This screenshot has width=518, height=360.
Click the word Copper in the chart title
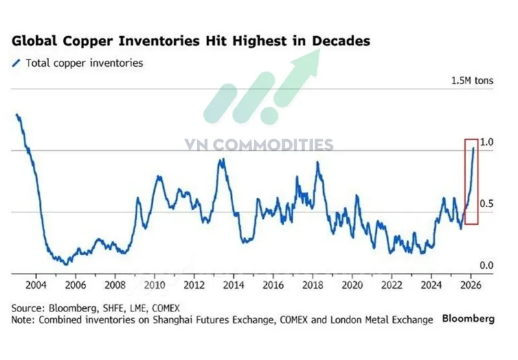[x=88, y=41]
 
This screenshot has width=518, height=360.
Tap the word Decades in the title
[x=341, y=41]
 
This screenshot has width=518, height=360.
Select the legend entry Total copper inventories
[x=77, y=63]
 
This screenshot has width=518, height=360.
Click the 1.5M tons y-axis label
[x=472, y=80]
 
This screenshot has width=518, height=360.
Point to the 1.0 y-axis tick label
[x=486, y=142]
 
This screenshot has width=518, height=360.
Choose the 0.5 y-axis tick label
[x=486, y=203]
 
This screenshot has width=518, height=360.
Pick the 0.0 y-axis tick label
[x=486, y=265]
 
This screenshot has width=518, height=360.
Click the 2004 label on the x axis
[x=36, y=285]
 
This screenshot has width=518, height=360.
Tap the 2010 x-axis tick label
[x=155, y=285]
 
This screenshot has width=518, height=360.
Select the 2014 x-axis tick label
[x=234, y=285]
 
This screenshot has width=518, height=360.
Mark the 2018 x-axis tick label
[x=313, y=285]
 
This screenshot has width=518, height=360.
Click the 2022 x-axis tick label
[x=392, y=285]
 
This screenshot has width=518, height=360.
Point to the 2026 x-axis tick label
[x=471, y=285]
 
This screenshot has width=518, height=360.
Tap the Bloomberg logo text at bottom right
[x=468, y=319]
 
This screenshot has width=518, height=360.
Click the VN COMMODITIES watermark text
[x=259, y=144]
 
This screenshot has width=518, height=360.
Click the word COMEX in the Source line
[x=166, y=308]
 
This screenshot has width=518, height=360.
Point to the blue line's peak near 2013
[x=223, y=159]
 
